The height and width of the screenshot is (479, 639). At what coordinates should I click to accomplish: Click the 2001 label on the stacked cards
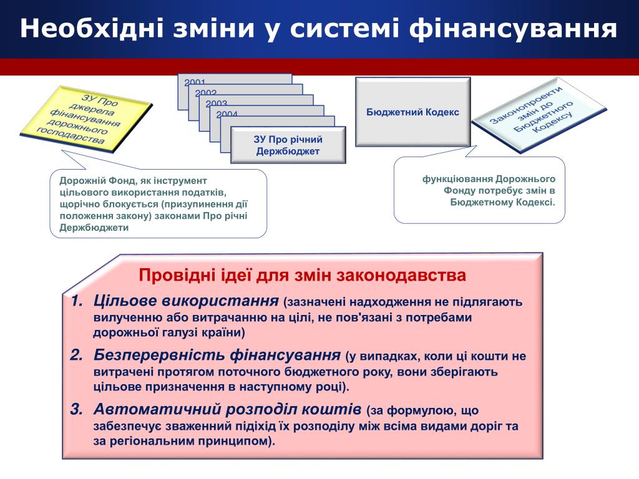click(195, 82)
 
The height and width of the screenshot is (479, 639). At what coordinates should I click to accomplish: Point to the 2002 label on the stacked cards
click(206, 93)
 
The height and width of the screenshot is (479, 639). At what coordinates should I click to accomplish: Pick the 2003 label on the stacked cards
click(217, 104)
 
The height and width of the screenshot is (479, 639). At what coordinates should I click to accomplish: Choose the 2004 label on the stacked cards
click(227, 114)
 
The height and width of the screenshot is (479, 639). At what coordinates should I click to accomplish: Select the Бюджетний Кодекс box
click(412, 112)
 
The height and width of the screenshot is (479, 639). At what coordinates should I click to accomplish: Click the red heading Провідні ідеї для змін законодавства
click(302, 275)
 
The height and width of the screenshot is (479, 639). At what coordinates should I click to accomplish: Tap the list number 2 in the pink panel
click(76, 356)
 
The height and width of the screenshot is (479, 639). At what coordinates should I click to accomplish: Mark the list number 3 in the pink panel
click(76, 410)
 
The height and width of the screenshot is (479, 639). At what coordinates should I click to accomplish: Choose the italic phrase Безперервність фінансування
click(218, 356)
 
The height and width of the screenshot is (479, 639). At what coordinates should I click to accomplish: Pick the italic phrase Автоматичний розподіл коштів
click(227, 410)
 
